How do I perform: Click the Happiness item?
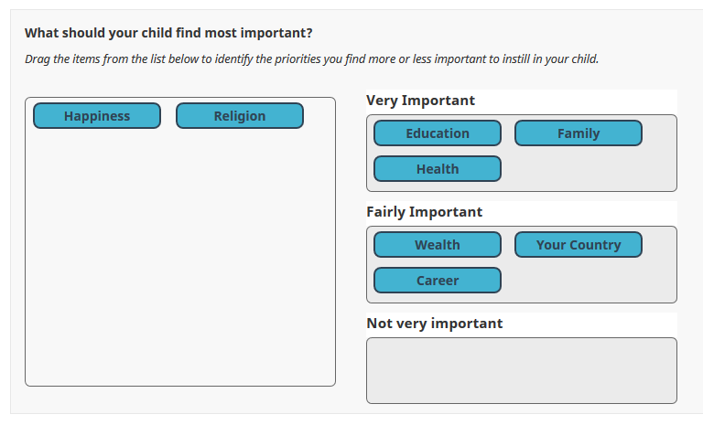click(x=97, y=115)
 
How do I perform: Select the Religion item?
click(x=240, y=115)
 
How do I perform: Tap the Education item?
click(x=438, y=133)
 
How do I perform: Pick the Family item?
click(x=579, y=133)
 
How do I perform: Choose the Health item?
click(x=438, y=169)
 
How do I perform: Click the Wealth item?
click(x=438, y=245)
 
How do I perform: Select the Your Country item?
click(x=579, y=245)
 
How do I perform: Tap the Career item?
click(x=438, y=281)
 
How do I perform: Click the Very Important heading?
click(x=420, y=101)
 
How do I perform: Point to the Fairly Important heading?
click(x=424, y=212)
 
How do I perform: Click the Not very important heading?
click(x=435, y=324)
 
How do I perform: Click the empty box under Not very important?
click(x=522, y=371)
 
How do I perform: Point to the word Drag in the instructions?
click(x=38, y=59)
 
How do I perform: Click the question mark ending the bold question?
click(x=308, y=33)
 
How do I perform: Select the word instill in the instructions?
click(x=516, y=58)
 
